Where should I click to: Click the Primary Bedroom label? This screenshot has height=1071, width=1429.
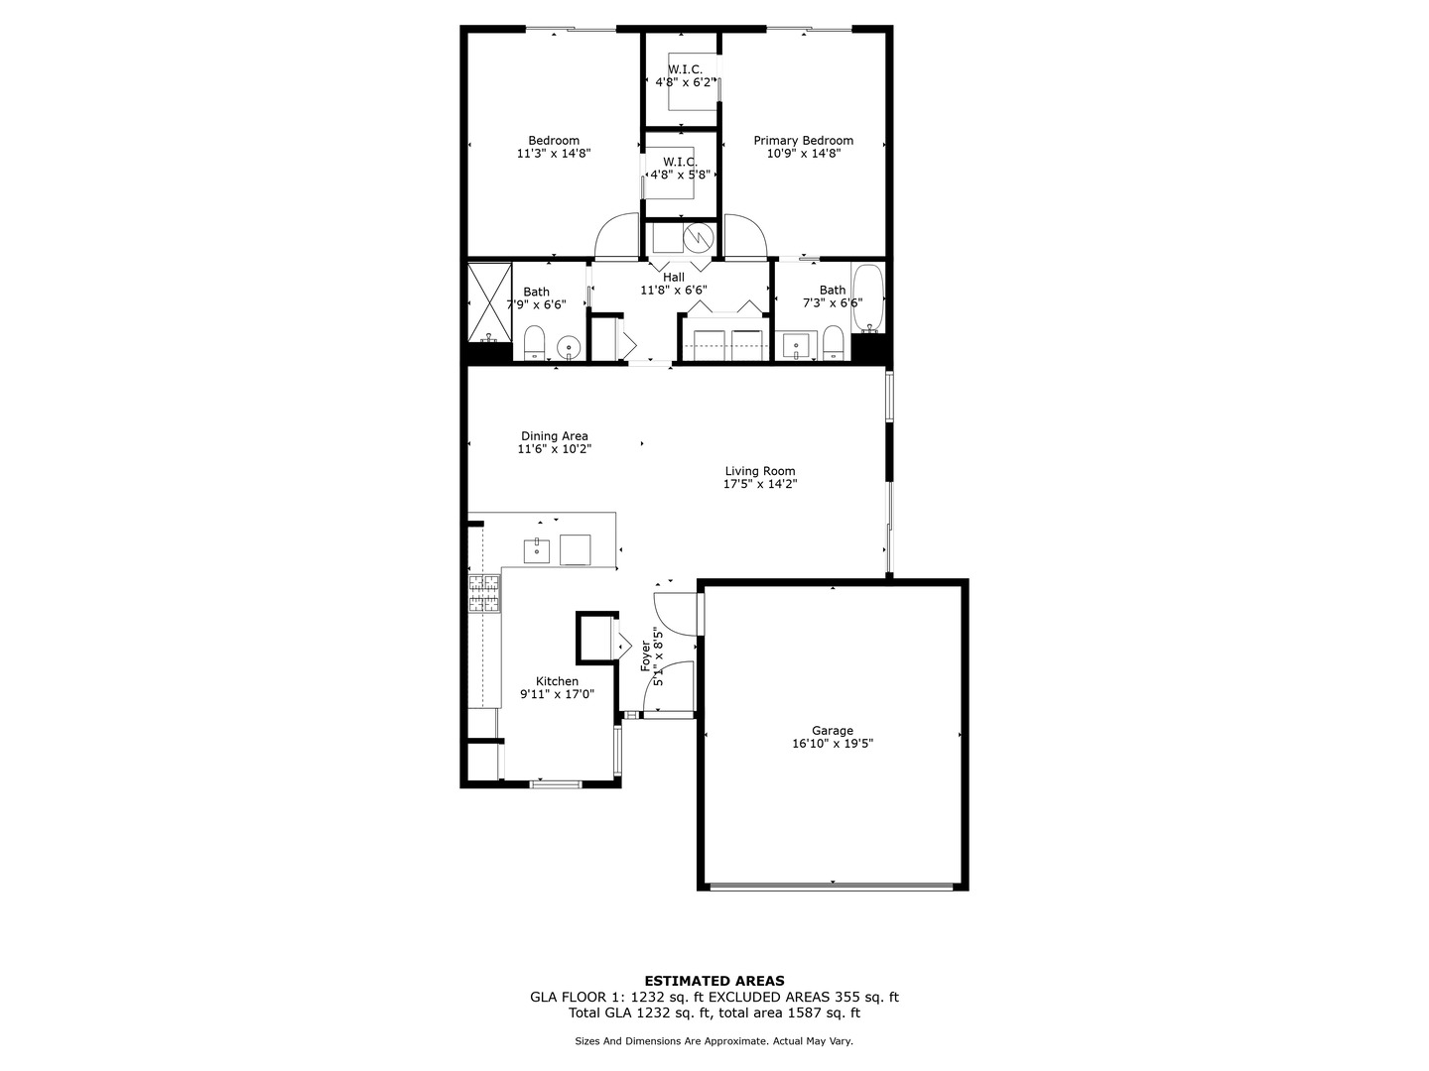[803, 141]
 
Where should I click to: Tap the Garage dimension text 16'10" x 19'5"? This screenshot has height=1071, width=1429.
[832, 744]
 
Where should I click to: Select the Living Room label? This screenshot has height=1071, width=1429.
[759, 471]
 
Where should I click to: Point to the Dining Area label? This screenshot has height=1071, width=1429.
[554, 436]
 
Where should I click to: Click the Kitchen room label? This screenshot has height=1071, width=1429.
[557, 681]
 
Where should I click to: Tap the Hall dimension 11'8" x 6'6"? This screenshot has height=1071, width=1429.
[673, 291]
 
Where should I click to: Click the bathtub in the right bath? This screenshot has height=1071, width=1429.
[867, 297]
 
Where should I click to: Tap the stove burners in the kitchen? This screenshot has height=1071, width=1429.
[484, 592]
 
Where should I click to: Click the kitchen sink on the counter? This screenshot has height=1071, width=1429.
[537, 548]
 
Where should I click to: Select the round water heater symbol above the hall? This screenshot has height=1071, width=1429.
[699, 238]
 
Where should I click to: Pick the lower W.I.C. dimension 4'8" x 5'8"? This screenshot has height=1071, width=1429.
[680, 175]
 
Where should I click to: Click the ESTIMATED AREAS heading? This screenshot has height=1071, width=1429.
[714, 981]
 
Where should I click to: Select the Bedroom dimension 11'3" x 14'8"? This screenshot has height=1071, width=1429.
[554, 154]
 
